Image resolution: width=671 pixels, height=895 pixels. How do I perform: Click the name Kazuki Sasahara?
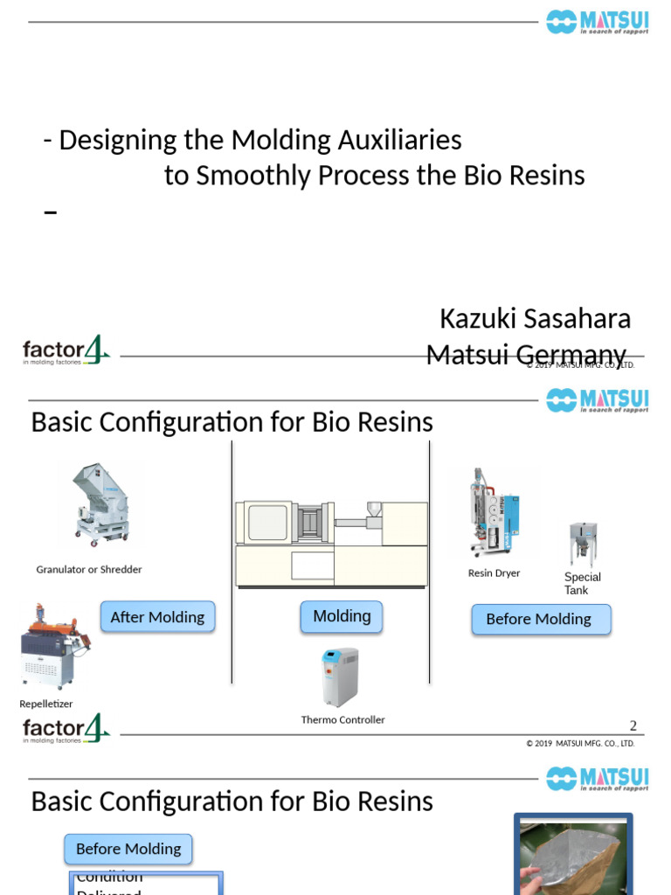tap(535, 319)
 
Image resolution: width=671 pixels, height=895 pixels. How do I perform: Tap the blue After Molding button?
tap(157, 617)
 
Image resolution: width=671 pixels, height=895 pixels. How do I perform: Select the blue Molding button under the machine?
tap(342, 616)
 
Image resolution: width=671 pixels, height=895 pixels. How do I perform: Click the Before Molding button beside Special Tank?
tap(538, 619)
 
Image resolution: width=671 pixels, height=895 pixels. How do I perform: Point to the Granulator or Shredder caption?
tap(89, 569)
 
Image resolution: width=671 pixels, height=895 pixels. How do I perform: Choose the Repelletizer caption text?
tap(46, 704)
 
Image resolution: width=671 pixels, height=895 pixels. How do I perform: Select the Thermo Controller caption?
tap(342, 719)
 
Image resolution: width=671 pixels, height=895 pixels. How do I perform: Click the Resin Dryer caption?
tap(494, 573)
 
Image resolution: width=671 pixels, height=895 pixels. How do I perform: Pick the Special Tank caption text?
tap(582, 583)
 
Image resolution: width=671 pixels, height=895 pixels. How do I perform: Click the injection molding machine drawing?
tap(332, 542)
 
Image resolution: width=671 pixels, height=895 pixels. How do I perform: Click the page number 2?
tap(633, 725)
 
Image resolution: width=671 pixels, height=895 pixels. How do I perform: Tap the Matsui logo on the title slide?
tap(598, 22)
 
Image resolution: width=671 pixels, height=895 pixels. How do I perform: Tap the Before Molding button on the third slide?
tap(128, 849)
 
